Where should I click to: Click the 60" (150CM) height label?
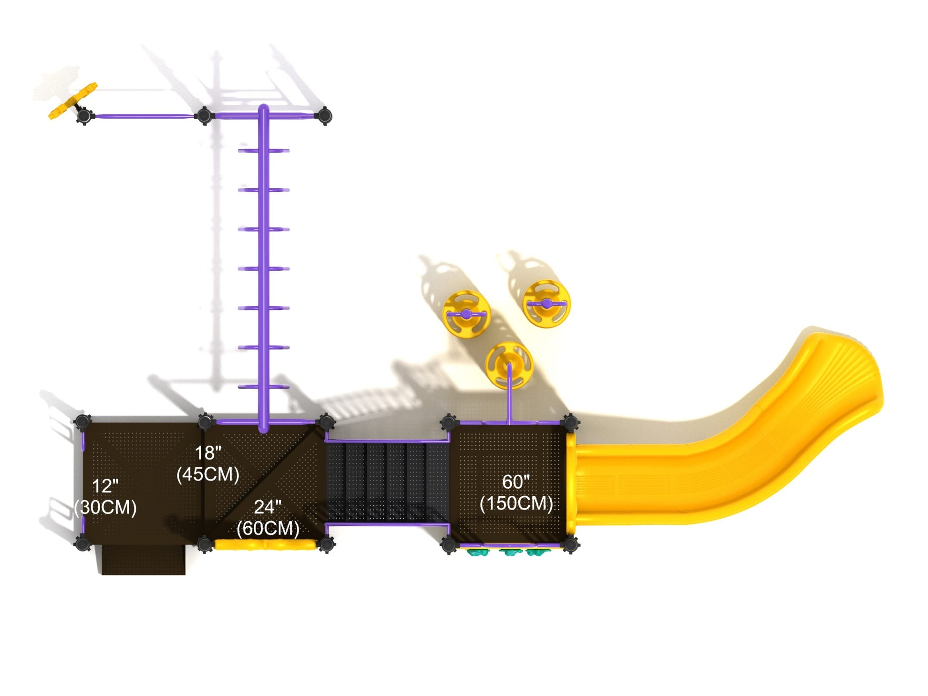516,492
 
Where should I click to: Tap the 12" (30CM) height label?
105,497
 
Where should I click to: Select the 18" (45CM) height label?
208,464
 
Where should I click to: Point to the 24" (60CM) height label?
268,518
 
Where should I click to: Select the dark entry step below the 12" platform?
143,560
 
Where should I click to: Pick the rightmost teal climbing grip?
536,553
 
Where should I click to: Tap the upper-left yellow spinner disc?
466,314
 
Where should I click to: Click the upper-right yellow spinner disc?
546,304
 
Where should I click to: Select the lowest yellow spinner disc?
508,365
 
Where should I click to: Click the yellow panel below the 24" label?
265,545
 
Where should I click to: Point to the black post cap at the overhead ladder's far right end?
324,115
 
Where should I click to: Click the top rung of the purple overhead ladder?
264,151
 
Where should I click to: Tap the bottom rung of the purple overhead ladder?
264,387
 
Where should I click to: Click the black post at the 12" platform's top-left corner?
82,421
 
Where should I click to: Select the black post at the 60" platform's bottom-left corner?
449,544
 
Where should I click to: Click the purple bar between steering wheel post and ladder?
143,116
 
